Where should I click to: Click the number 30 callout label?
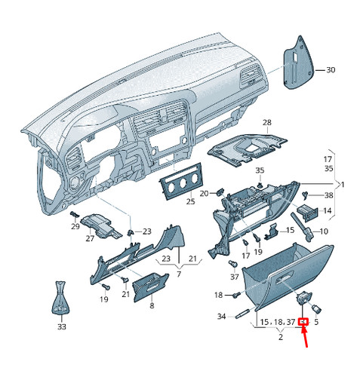(331, 70)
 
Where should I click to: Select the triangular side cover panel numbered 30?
(298, 64)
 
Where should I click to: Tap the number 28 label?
(267, 123)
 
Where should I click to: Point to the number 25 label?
(190, 201)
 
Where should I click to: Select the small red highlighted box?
(303, 322)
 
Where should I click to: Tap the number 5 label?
(316, 322)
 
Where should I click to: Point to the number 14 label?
(327, 210)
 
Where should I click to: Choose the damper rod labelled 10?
(301, 227)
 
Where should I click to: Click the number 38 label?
(329, 195)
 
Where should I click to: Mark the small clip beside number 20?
(220, 192)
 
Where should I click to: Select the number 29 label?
(75, 226)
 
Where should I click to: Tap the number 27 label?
(90, 238)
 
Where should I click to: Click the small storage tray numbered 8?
(150, 287)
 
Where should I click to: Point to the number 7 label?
(179, 274)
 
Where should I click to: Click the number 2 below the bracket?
(281, 337)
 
